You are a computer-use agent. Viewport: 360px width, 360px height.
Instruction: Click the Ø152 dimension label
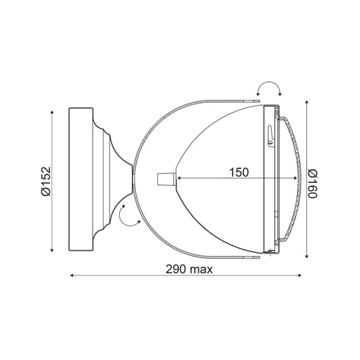46,181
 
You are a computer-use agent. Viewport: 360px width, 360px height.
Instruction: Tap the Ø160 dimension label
312,184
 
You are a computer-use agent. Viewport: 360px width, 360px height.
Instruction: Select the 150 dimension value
239,173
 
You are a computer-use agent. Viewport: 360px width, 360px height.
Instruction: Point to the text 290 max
189,270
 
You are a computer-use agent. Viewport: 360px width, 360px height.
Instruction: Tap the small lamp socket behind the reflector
167,179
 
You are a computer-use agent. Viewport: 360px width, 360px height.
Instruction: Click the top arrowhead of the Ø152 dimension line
51,112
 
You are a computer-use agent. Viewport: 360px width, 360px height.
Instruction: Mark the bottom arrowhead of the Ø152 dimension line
51,250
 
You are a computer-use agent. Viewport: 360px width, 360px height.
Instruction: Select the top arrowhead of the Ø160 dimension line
307,102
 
